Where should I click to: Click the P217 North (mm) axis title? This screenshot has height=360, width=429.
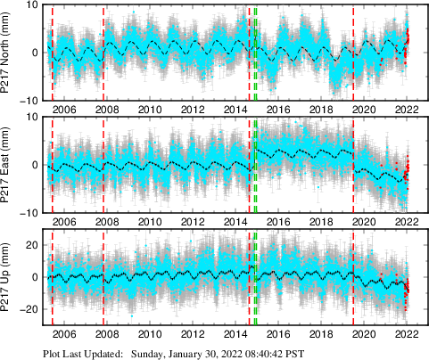[x=8, y=53]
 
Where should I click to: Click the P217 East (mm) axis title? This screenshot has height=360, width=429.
[x=8, y=165]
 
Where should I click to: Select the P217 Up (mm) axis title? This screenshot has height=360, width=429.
[x=8, y=277]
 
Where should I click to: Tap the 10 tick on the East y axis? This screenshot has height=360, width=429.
[x=29, y=118]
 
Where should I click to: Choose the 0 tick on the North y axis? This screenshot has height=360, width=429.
[x=32, y=52]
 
